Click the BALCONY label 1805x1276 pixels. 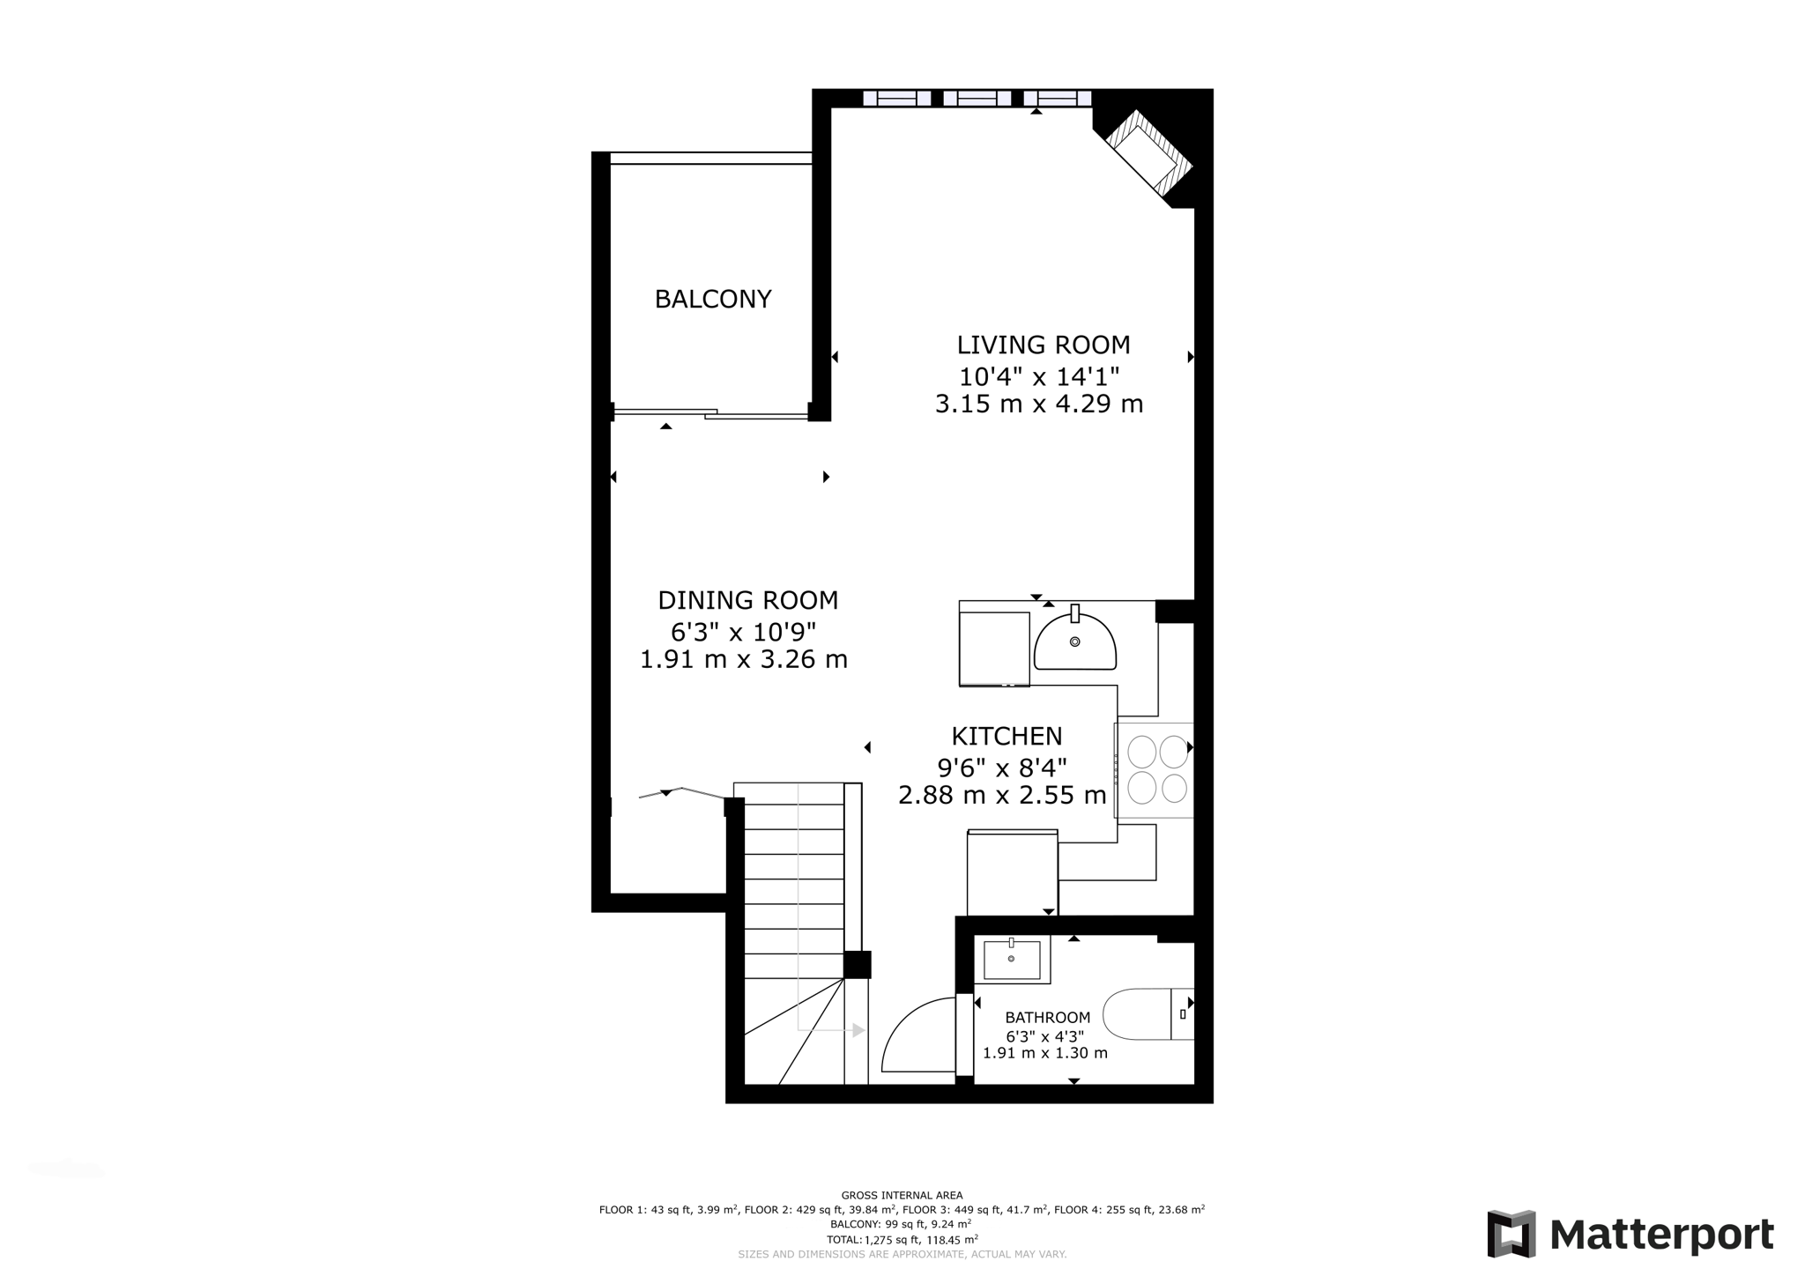(x=712, y=300)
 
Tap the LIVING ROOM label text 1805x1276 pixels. (x=1043, y=345)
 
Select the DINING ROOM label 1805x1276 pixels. (x=747, y=600)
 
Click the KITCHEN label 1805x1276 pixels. (x=1006, y=736)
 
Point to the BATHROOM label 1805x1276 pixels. (x=1047, y=1018)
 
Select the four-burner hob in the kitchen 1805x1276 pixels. (x=1157, y=769)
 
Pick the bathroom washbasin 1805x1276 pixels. (x=1012, y=959)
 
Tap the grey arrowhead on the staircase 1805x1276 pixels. (x=858, y=1030)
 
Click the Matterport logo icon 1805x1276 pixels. (x=1511, y=1234)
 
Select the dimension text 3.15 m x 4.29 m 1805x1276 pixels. (x=1038, y=404)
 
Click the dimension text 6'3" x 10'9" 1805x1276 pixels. (x=743, y=632)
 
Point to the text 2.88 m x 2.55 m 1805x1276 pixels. (x=1002, y=796)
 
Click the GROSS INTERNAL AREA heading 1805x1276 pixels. (x=902, y=1196)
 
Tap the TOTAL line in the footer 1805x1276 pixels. (x=902, y=1239)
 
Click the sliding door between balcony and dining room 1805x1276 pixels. (x=710, y=413)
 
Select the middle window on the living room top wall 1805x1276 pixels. (x=977, y=98)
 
